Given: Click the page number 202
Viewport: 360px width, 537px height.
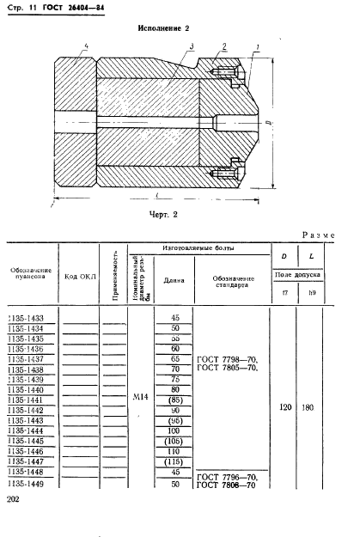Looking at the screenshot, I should pos(14,499).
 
